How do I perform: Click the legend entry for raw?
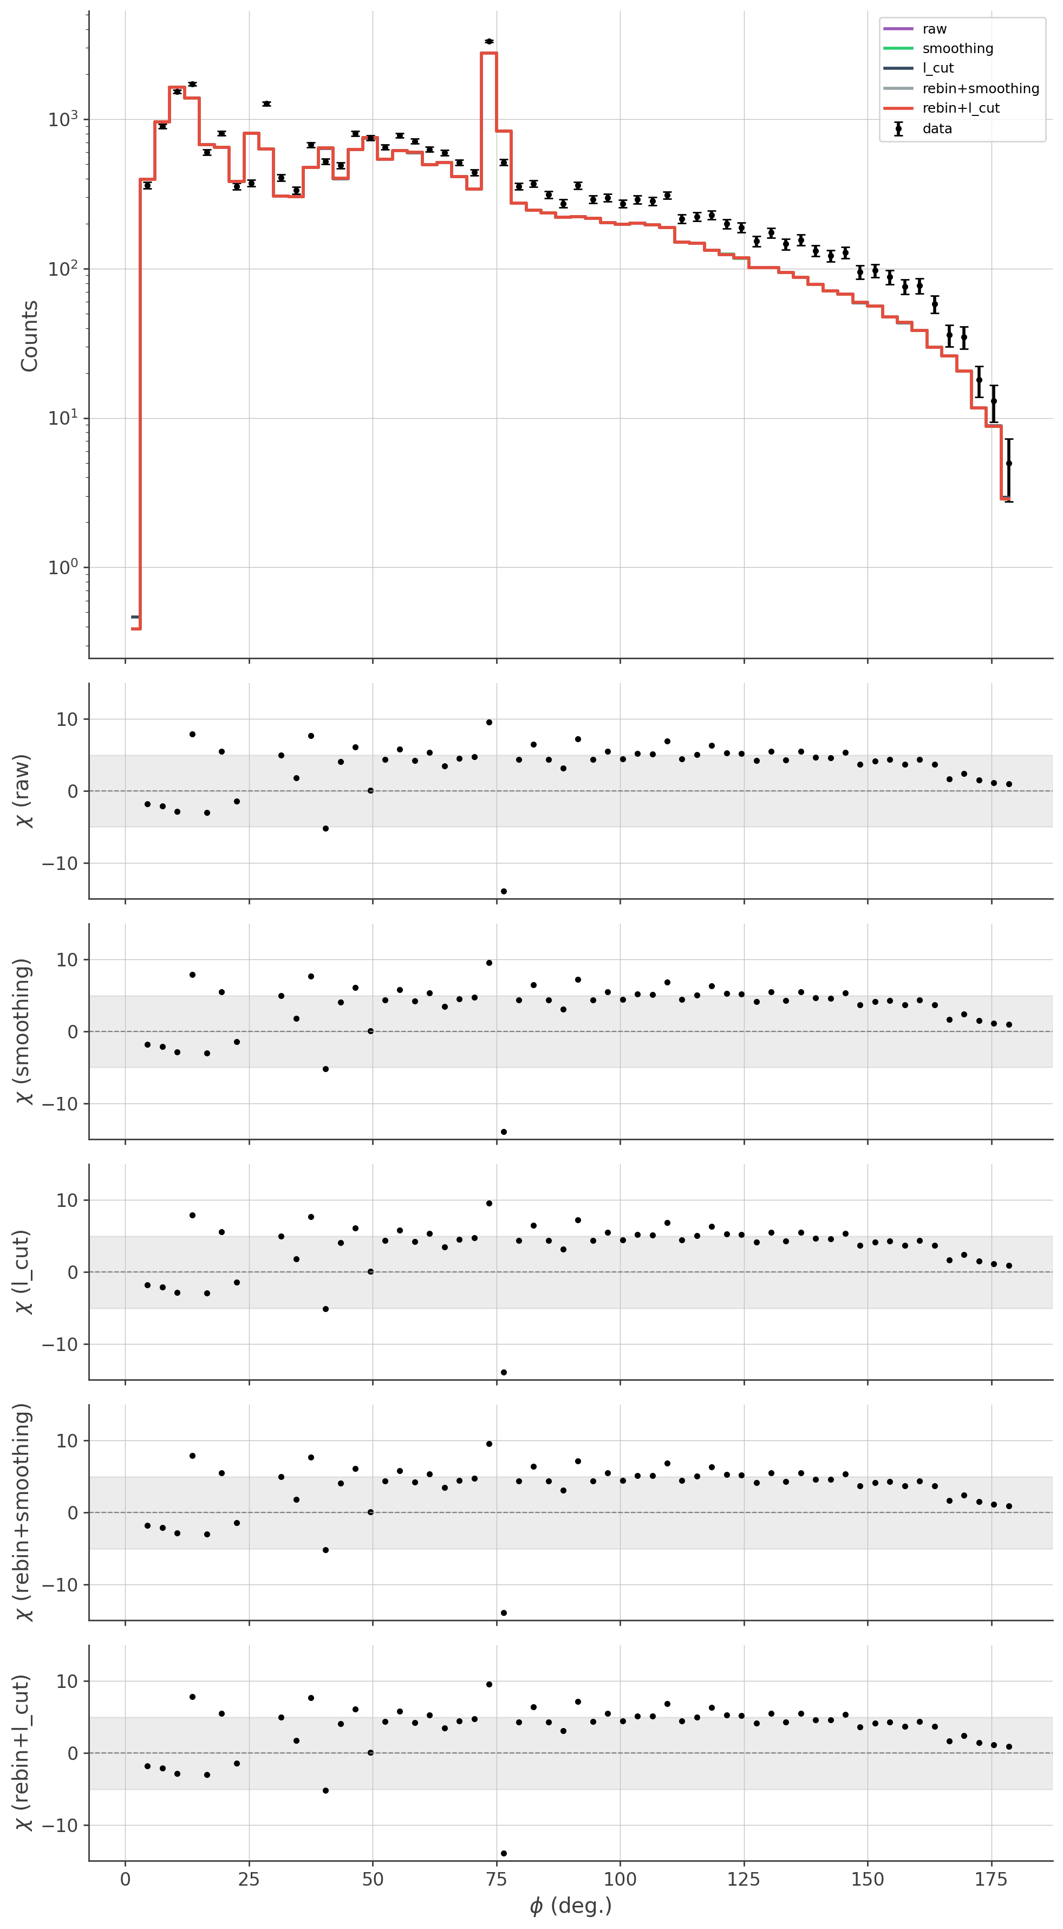934,29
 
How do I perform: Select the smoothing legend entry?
957,49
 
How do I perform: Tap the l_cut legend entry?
938,68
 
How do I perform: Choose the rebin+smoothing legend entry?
981,88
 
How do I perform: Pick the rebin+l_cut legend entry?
961,108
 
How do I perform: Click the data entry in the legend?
936,129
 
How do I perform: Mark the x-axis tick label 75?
497,1879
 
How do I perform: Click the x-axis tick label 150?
868,1879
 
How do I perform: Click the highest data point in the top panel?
489,41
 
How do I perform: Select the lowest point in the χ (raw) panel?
504,891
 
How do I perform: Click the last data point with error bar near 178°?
1008,464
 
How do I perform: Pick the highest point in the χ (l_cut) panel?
489,1203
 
